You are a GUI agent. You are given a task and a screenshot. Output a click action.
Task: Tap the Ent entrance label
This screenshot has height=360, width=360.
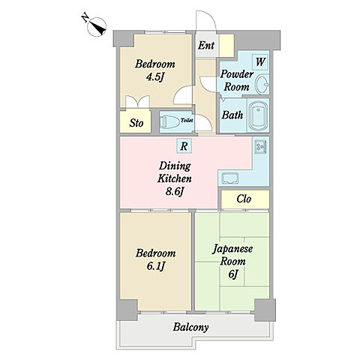coord(206,46)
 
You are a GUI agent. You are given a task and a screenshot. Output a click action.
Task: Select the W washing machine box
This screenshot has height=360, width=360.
coord(260,61)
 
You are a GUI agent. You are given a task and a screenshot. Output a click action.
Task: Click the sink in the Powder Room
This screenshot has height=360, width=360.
coord(262,84)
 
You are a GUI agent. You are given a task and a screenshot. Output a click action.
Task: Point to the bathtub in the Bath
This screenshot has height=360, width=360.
coord(258,115)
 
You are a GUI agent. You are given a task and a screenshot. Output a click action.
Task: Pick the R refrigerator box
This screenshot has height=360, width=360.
coord(184,146)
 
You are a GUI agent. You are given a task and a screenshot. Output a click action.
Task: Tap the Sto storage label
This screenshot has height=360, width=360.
coord(136,123)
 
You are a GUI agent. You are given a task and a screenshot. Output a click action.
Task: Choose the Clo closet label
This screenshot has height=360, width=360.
coord(244,199)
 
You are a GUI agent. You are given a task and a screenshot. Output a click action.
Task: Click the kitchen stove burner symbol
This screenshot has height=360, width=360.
coord(260,147)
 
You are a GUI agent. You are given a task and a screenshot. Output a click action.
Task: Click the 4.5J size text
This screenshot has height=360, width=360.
coord(154,76)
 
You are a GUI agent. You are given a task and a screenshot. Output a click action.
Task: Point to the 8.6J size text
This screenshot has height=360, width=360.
coord(174,192)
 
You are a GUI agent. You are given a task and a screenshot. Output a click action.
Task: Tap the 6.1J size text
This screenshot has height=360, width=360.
coord(155,266)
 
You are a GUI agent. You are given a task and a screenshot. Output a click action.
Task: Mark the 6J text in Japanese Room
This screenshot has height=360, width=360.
coord(232,274)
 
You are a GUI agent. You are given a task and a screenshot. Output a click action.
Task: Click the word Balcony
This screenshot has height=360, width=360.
coord(190,327)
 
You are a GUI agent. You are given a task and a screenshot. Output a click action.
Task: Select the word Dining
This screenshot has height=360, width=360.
coord(175,166)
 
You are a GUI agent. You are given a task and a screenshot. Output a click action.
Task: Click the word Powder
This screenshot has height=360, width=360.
coord(237,74)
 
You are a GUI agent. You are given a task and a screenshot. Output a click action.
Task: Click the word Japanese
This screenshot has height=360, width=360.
coord(232,249)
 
